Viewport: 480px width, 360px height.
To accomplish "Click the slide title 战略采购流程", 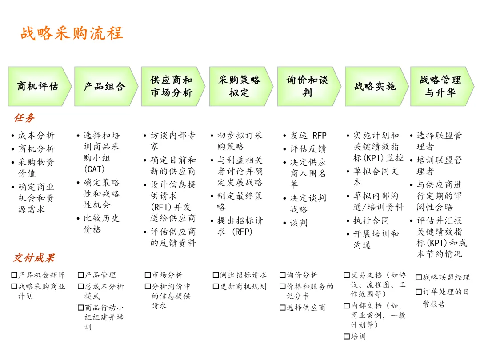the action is [72, 33].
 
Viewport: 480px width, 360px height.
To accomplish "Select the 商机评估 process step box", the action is [38, 86].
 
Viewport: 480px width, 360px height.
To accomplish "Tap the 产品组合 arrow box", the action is [105, 86].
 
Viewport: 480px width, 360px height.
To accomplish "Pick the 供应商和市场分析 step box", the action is [172, 86].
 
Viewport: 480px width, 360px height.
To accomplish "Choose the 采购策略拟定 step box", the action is [240, 86].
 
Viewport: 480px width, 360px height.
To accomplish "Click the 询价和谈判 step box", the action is [308, 86].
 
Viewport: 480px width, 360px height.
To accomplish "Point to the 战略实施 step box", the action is [375, 86].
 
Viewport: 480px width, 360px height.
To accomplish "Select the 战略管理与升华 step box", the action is [440, 86].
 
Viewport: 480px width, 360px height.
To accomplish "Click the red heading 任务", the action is [24, 118].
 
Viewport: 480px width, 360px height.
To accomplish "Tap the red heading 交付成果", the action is [33, 258].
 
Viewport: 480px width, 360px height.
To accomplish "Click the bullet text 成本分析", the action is [36, 136].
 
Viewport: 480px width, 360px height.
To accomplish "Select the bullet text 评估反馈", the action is [308, 149].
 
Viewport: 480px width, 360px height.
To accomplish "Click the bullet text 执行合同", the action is [371, 220].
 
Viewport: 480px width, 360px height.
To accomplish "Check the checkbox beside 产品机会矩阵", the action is [14, 275].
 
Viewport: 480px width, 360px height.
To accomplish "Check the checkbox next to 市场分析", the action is [148, 275].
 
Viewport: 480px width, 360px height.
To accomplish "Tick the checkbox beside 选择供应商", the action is [283, 308].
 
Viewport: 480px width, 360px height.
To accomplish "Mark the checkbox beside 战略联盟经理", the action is [418, 278].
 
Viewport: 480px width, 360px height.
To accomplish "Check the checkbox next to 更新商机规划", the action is [216, 287].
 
